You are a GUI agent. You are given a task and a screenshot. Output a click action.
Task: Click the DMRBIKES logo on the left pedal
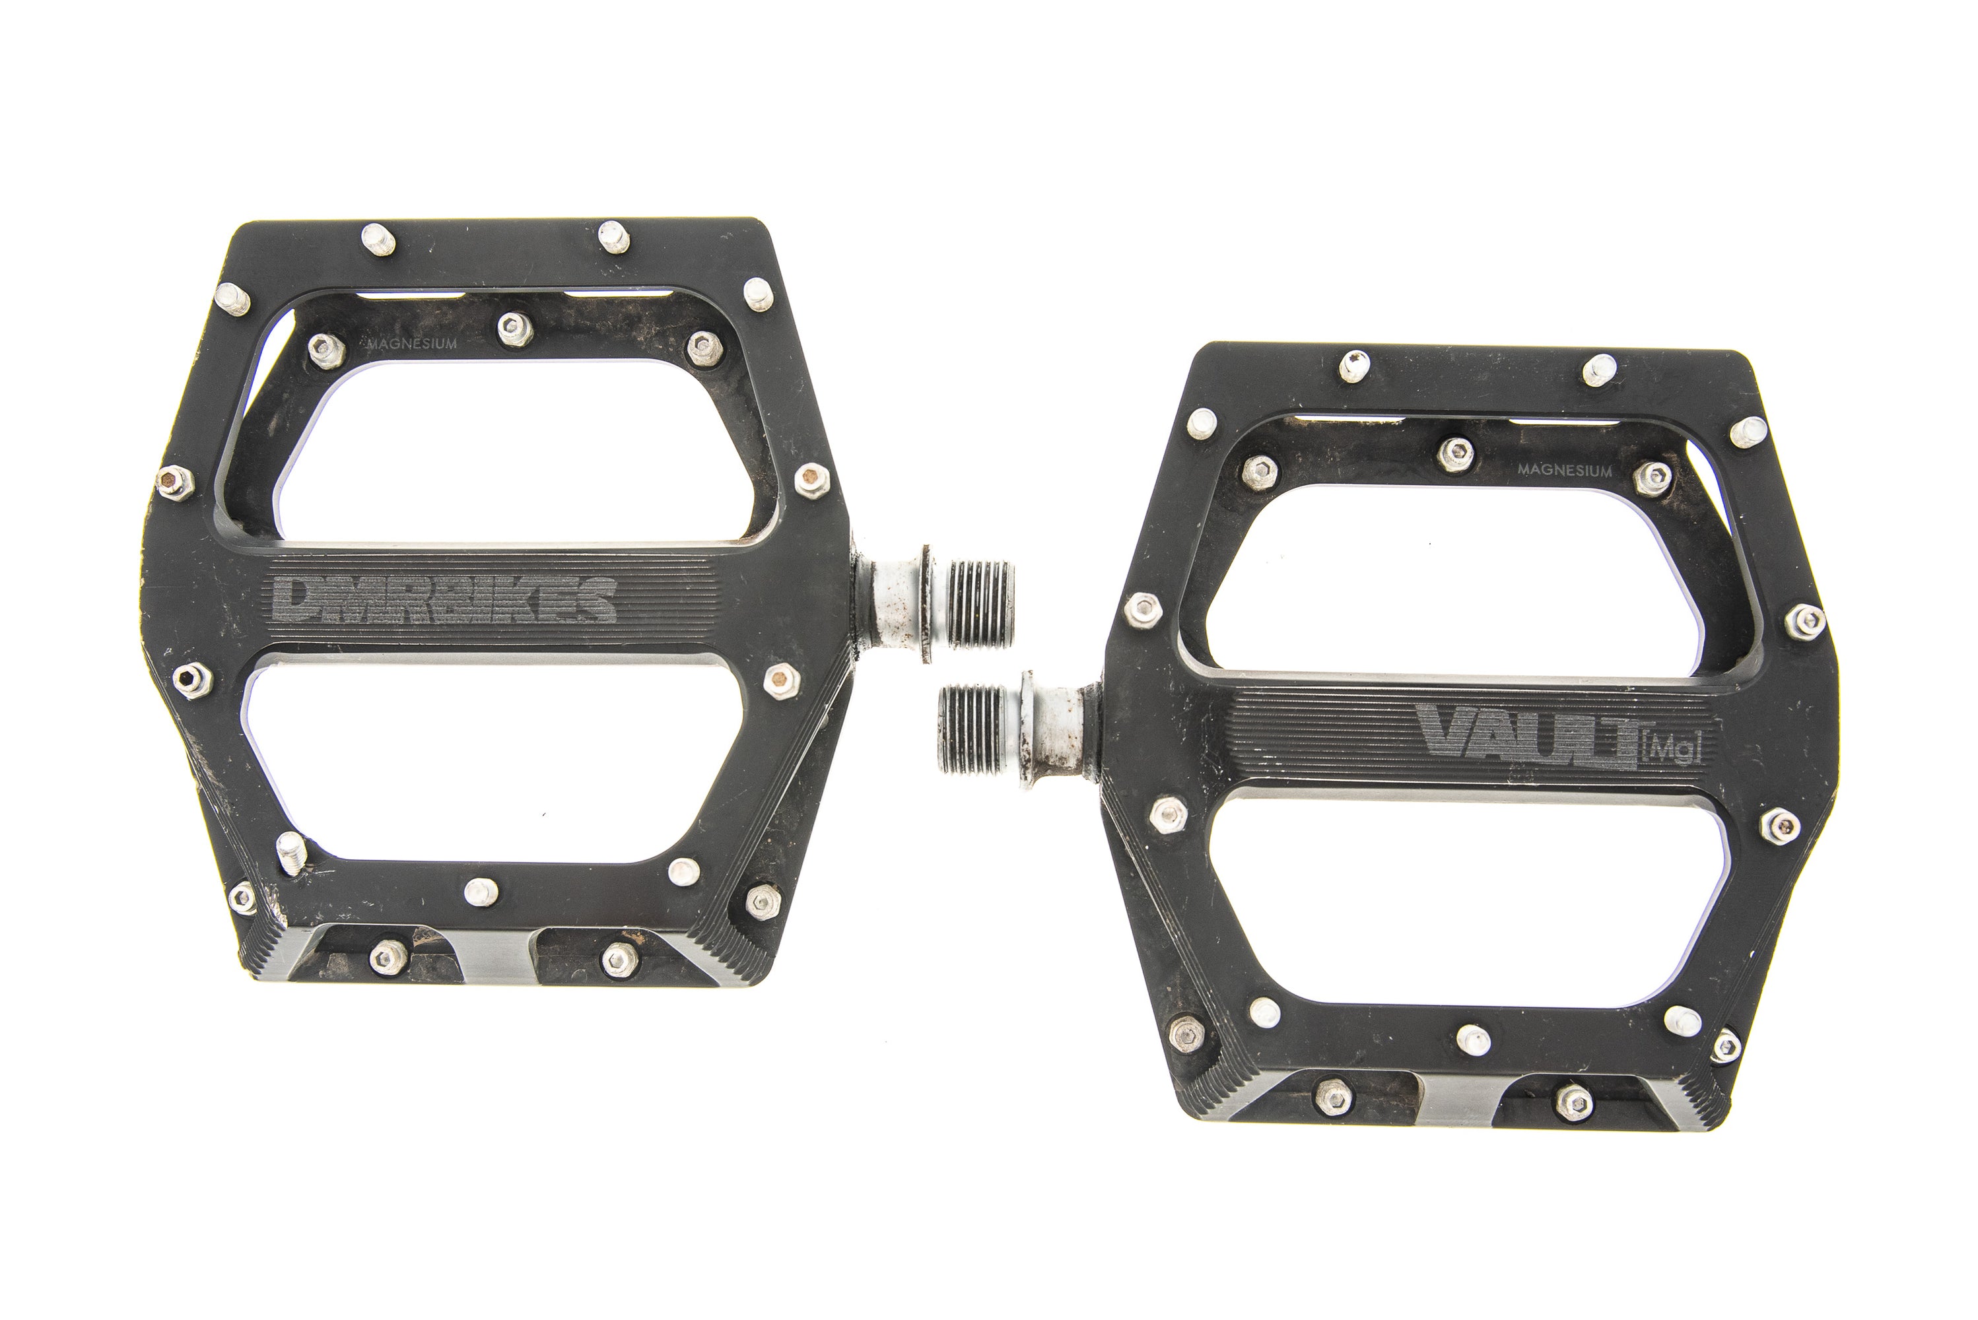click(443, 599)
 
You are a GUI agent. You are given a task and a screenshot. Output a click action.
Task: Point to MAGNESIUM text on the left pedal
click(413, 343)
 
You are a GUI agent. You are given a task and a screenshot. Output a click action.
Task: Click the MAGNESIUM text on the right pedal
click(1565, 471)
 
